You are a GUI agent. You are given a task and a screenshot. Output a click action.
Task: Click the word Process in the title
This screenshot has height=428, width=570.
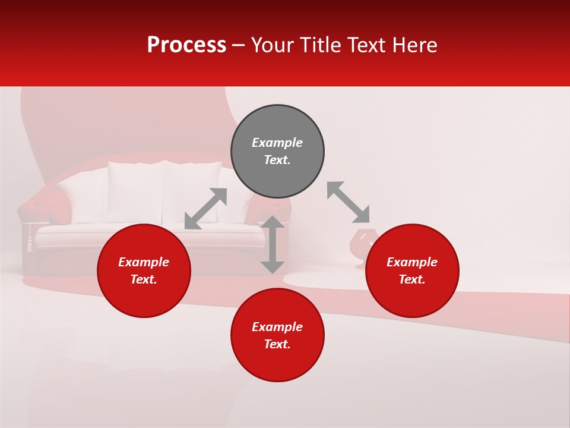click(186, 45)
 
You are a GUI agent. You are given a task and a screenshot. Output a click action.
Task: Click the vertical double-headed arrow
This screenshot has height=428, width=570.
click(273, 244)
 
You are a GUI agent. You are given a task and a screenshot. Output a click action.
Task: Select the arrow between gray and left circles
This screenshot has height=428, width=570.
click(205, 208)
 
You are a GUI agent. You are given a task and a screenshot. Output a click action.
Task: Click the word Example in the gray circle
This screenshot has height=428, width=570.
click(277, 143)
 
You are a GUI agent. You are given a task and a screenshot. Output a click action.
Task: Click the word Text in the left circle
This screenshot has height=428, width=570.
click(143, 279)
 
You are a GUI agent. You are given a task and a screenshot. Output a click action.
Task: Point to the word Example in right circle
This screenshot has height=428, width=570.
click(411, 262)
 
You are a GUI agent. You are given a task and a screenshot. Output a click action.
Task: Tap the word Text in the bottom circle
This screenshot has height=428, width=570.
click(277, 344)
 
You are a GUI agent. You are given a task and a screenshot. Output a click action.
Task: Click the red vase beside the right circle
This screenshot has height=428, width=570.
click(360, 244)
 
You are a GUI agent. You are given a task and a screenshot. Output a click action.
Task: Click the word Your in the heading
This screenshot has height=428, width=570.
click(273, 45)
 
